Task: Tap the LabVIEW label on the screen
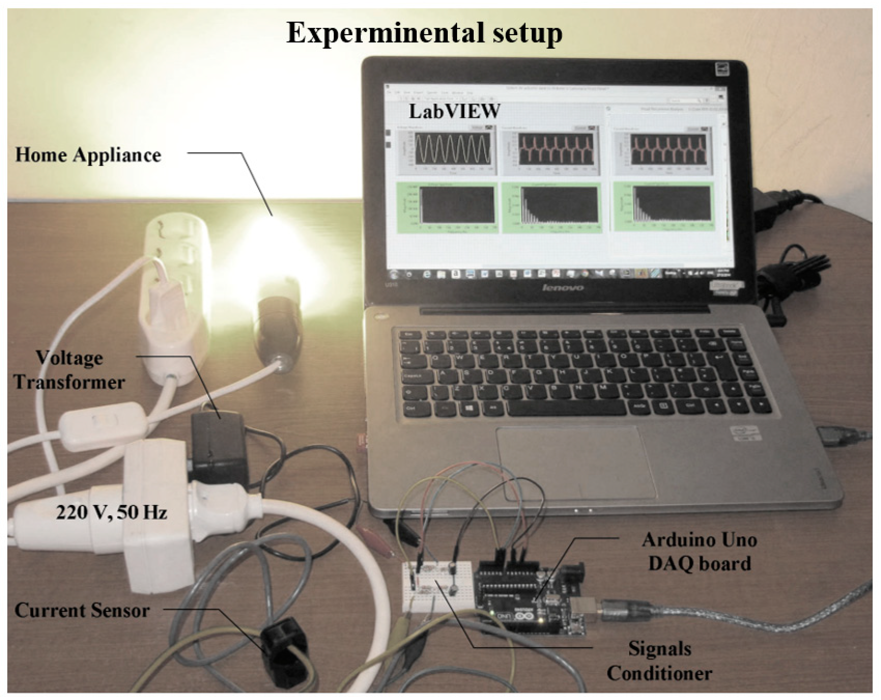454,111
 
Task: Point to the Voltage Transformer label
69,370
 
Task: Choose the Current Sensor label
82,611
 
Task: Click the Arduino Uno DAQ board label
699,552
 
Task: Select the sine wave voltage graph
452,149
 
